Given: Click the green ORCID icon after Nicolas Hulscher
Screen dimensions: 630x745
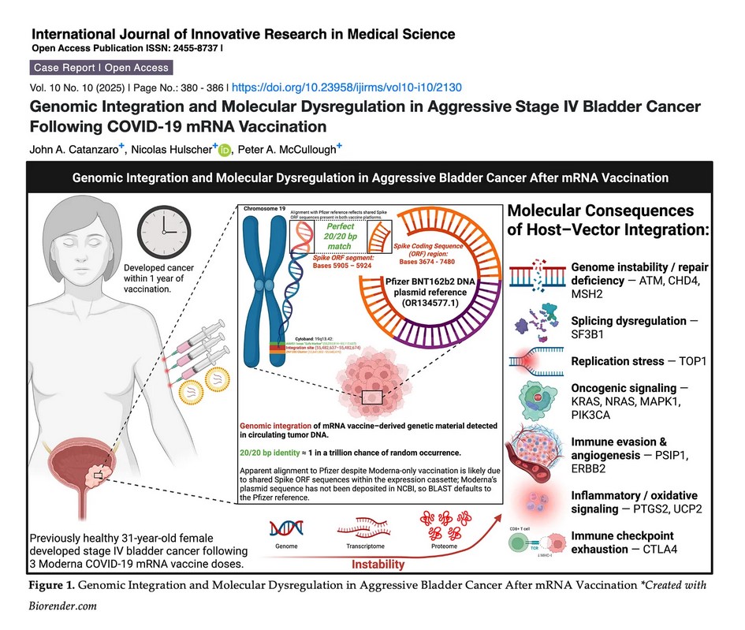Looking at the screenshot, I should (225, 149).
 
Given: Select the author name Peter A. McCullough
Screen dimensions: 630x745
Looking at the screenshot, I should (285, 148).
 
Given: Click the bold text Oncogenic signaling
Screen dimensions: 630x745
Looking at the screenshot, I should (624, 388).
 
